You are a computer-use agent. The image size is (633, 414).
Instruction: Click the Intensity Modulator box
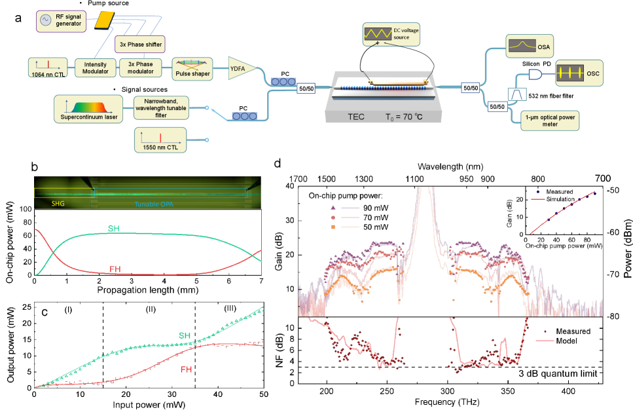[x=95, y=67]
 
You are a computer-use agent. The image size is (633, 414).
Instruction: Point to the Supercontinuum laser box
[x=89, y=106]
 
